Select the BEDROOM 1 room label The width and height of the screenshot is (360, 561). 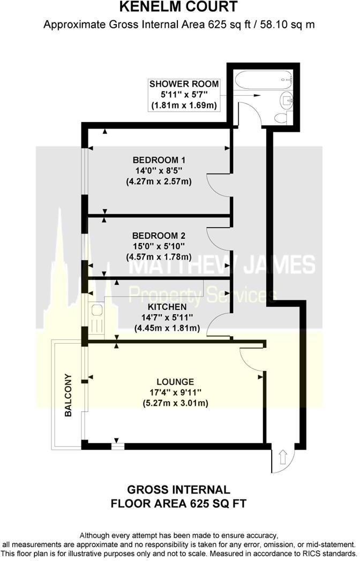159,160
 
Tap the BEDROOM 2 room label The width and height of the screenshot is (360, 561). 159,236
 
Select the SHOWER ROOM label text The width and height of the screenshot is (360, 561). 184,84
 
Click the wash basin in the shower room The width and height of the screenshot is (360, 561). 287,98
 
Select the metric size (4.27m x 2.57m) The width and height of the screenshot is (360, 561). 159,181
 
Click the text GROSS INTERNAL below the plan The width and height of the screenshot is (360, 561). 178,489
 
